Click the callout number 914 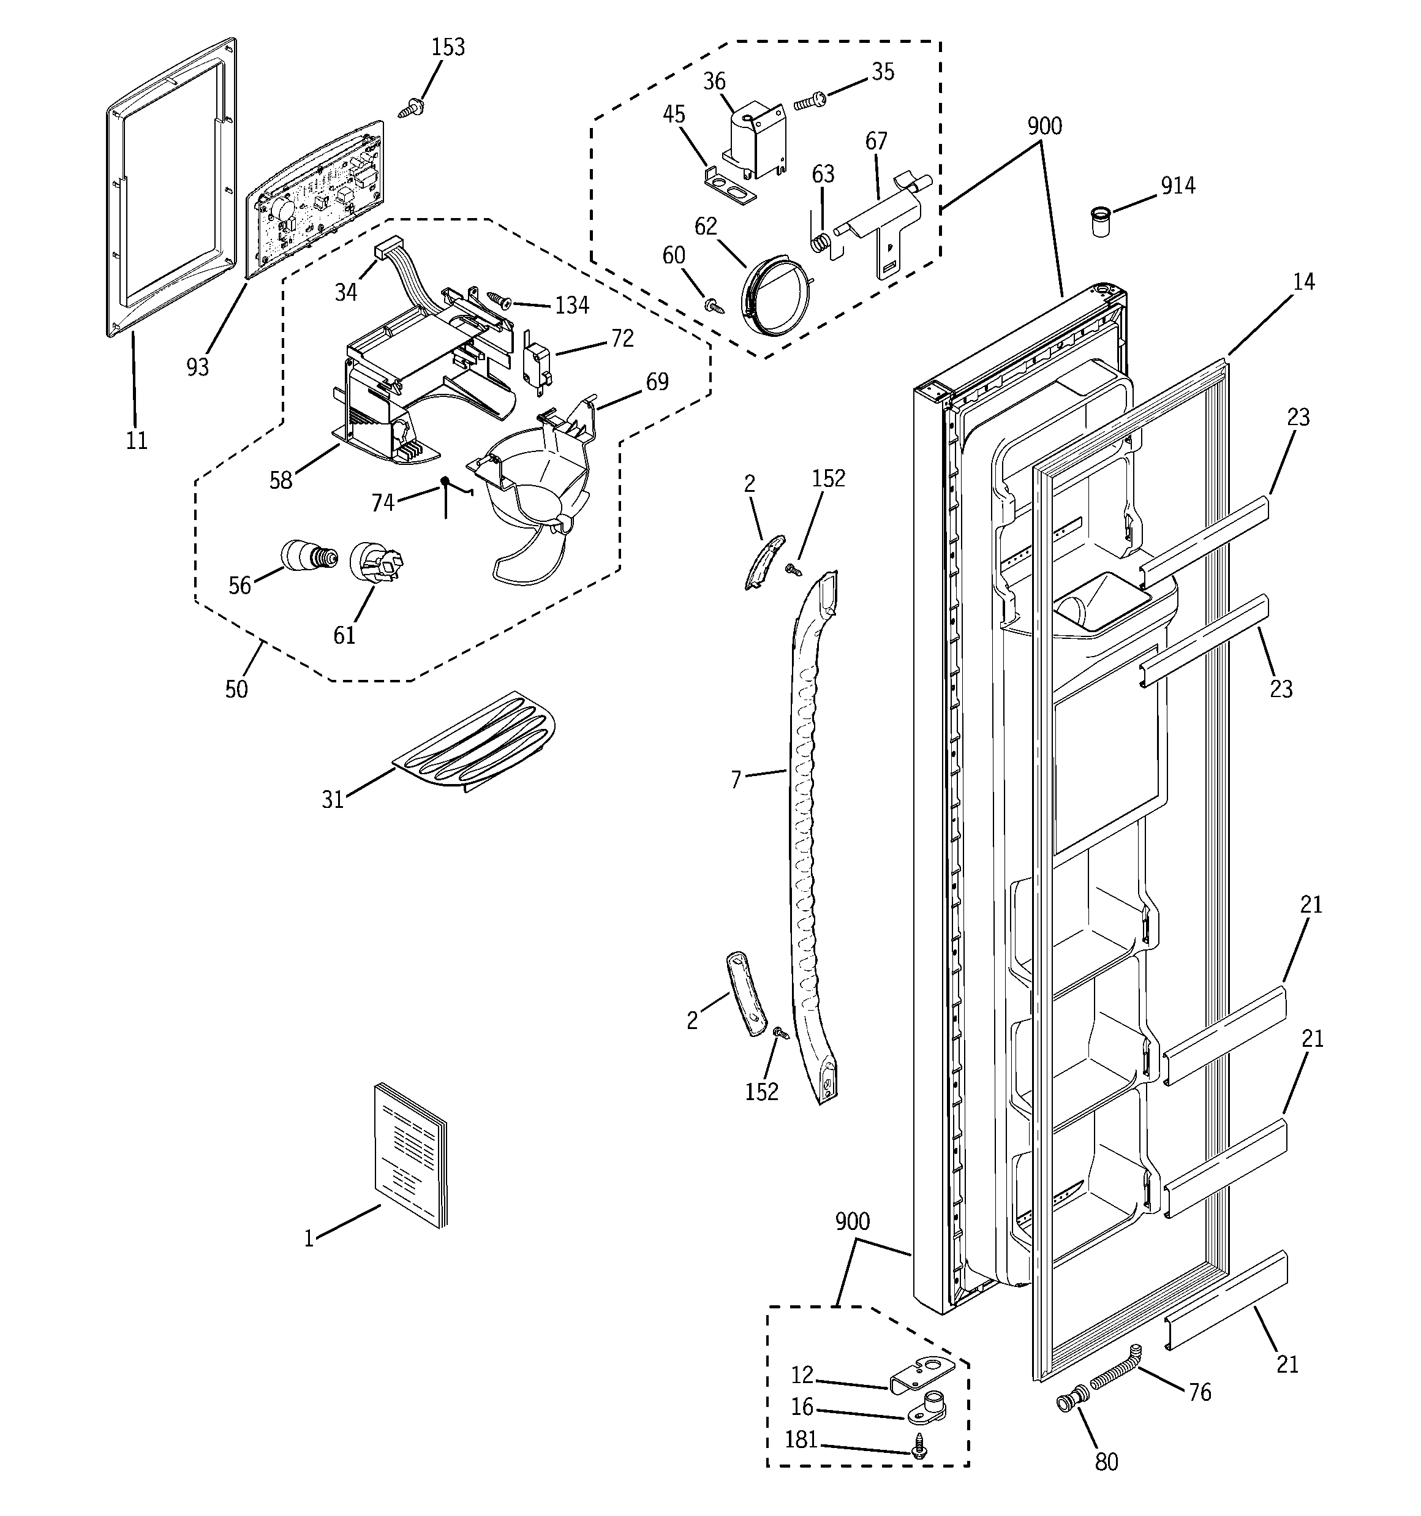click(1178, 186)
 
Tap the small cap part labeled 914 click(1100, 221)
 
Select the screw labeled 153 click(412, 108)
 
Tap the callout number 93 click(198, 367)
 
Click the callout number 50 click(236, 688)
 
